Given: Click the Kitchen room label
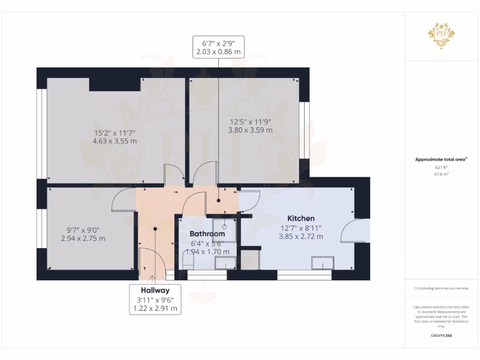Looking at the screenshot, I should [300, 218].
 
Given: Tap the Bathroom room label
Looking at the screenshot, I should [207, 233].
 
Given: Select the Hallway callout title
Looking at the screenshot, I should [155, 290].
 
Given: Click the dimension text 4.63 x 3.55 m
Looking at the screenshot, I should [115, 141].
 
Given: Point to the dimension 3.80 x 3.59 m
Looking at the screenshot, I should [250, 130].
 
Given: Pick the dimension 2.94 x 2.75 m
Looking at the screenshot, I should [83, 238].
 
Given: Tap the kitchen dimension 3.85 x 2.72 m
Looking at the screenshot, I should [300, 237].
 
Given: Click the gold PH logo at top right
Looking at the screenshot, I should [441, 34].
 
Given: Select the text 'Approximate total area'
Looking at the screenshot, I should [440, 159].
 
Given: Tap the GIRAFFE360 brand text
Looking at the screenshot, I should [441, 336].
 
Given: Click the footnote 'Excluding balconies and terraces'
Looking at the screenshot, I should [441, 288].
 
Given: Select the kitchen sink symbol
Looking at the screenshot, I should [323, 263].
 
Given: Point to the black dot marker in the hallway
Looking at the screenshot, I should [155, 229].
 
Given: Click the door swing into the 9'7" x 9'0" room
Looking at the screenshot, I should [124, 199].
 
